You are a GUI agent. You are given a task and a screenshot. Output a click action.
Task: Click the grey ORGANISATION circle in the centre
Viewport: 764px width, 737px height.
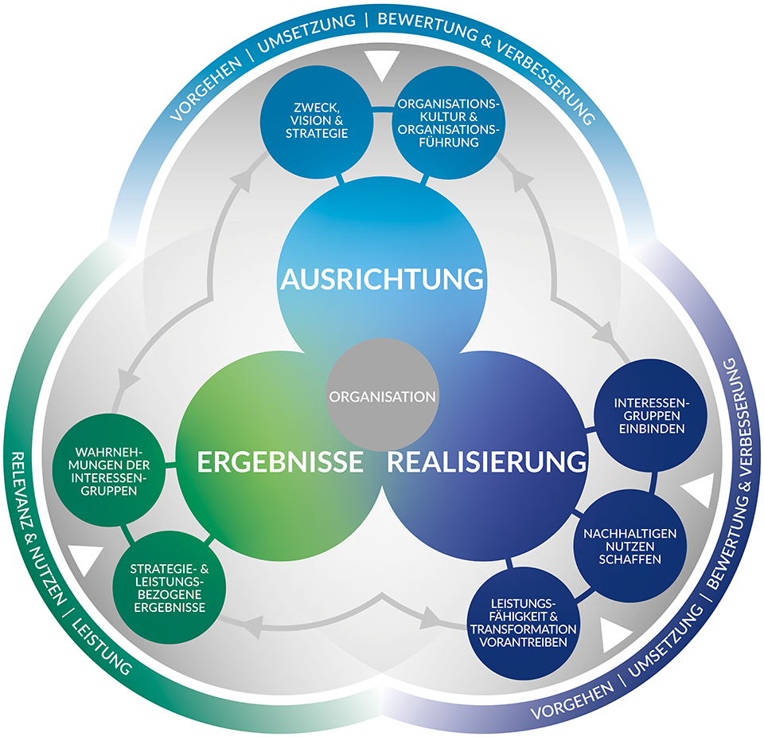point(382,395)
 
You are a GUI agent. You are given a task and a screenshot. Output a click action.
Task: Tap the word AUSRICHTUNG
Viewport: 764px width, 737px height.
point(382,279)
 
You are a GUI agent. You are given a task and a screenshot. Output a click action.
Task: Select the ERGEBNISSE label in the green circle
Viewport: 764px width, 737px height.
point(280,461)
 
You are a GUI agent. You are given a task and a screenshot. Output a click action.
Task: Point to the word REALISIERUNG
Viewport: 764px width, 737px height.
point(487,461)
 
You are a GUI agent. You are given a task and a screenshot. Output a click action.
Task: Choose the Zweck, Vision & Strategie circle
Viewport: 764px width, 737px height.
point(317,122)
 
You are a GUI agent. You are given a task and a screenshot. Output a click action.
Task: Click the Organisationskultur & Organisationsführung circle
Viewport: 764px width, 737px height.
point(449,123)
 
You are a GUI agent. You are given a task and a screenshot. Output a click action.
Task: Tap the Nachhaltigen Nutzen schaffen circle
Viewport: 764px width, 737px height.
point(630,547)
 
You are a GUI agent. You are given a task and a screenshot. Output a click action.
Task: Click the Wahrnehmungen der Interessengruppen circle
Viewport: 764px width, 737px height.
point(109,471)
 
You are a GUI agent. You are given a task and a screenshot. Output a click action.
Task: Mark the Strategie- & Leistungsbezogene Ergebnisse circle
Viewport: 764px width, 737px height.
point(170,588)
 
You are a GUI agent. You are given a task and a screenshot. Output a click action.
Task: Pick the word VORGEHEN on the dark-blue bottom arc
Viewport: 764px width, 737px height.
point(572,700)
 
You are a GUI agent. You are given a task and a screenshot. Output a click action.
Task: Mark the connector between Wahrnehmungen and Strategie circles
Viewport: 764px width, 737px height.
point(127,533)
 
